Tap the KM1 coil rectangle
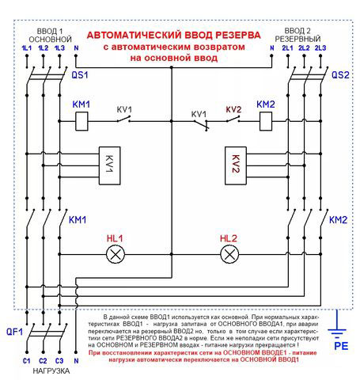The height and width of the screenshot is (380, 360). point(81,121)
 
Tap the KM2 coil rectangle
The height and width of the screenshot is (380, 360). point(264,121)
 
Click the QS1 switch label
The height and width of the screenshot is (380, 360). point(80,75)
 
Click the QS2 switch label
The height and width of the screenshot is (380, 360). point(340,75)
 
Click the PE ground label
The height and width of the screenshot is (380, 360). point(342,346)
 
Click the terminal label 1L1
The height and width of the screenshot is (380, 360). point(27,49)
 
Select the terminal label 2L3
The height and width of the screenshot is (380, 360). point(321,49)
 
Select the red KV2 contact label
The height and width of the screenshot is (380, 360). point(233,109)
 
